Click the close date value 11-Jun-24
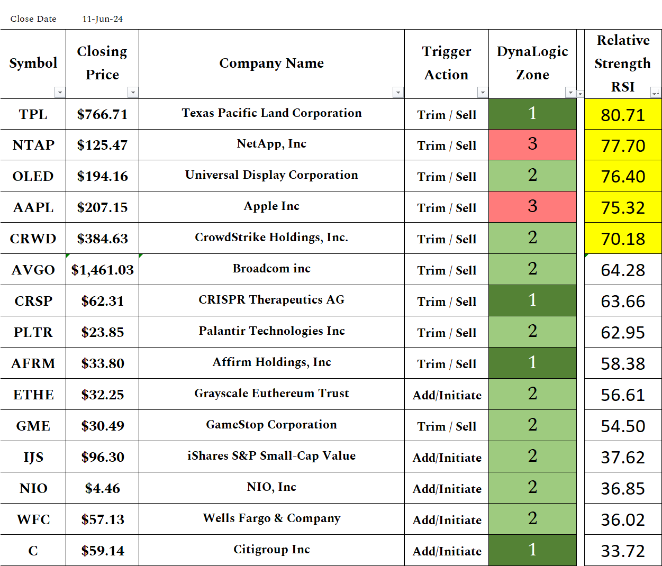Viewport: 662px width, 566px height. pos(102,19)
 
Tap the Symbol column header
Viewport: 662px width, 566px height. pos(33,63)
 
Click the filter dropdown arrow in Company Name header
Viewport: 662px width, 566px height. pos(398,93)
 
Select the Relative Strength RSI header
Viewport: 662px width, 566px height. pos(623,63)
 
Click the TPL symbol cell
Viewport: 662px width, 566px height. pos(33,114)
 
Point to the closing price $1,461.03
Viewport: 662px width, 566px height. pos(103,270)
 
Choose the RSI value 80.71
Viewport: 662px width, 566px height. pos(623,115)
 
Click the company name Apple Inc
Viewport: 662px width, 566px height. pos(271,206)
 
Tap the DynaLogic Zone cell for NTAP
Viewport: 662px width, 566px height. pos(532,144)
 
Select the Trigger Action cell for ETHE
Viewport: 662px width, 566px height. pos(447,395)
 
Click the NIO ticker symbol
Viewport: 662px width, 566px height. pos(33,488)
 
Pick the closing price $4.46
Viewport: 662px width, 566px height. pos(103,488)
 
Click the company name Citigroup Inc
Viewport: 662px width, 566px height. pos(271,550)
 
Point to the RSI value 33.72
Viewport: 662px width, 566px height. pos(623,551)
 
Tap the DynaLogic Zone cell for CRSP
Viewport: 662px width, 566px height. pos(532,300)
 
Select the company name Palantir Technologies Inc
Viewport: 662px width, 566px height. pos(271,331)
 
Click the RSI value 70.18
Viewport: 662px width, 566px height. pos(623,239)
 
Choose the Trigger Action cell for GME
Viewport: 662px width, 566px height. pos(447,426)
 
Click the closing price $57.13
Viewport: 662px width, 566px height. pos(103,519)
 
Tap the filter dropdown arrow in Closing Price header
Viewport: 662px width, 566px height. pos(133,93)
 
